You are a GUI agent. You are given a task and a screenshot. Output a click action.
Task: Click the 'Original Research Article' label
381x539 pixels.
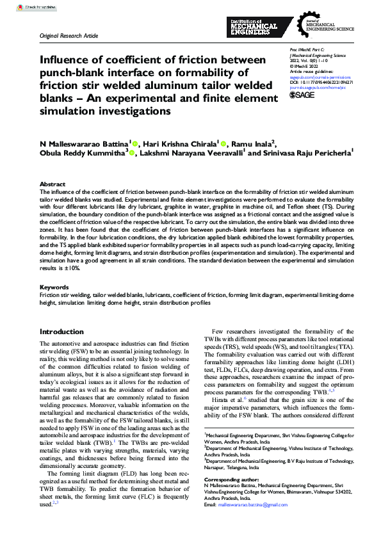(x=69, y=36)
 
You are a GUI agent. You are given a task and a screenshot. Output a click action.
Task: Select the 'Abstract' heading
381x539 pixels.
(x=53, y=184)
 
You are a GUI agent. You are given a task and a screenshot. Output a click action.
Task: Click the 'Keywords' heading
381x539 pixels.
(x=54, y=287)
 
